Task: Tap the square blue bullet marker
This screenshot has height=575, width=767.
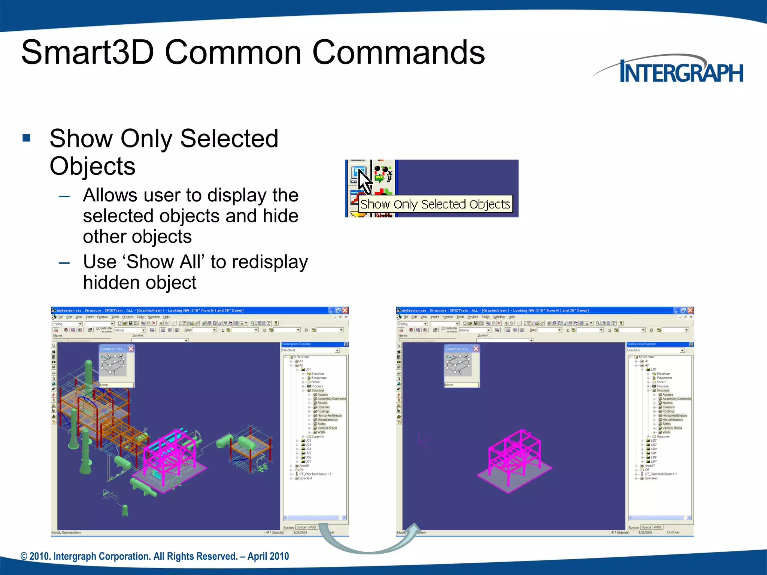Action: click(x=27, y=138)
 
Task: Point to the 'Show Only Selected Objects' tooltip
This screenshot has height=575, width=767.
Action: click(x=435, y=204)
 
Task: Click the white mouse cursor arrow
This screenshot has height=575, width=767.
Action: click(x=364, y=181)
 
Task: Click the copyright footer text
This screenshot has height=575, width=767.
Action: click(x=155, y=556)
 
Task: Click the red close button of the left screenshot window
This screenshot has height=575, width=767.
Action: click(x=345, y=310)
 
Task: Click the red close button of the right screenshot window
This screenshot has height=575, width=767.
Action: click(x=690, y=310)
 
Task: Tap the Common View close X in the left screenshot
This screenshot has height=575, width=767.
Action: click(x=131, y=349)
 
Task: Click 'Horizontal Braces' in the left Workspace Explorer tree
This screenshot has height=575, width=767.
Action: click(x=329, y=416)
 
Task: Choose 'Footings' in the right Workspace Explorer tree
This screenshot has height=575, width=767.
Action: click(x=668, y=411)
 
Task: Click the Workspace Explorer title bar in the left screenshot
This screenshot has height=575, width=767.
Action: click(x=311, y=344)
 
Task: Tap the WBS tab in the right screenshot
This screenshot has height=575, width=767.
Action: click(x=657, y=527)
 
